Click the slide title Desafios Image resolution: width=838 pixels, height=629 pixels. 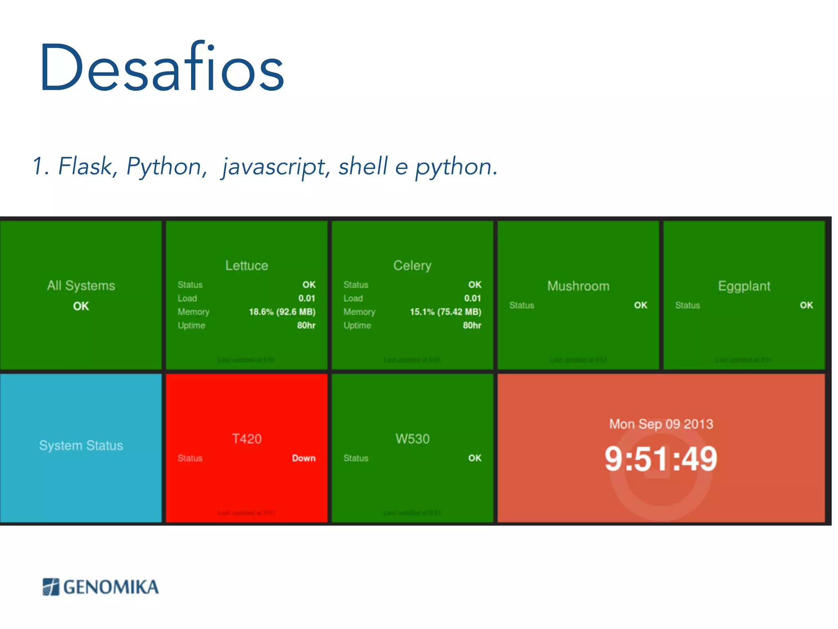[x=162, y=68]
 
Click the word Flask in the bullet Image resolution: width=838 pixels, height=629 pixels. [x=85, y=166]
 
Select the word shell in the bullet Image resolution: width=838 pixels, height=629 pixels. [x=363, y=166]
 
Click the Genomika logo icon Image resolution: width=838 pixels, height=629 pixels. [x=51, y=587]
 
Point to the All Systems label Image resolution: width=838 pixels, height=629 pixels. [x=81, y=285]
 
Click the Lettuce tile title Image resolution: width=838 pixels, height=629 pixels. [x=247, y=265]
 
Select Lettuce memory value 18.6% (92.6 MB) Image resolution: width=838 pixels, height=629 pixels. [x=282, y=312]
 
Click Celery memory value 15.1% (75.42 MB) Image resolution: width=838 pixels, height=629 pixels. [x=445, y=312]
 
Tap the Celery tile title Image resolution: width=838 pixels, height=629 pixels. [x=412, y=265]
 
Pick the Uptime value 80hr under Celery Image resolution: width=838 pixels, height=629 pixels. [x=472, y=326]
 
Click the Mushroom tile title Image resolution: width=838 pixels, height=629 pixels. [x=578, y=286]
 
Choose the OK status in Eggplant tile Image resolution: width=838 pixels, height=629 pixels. [x=806, y=305]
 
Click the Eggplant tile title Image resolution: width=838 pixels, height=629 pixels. [x=744, y=286]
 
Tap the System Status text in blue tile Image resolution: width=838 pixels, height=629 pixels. [x=81, y=446]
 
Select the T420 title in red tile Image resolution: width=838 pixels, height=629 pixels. [x=247, y=439]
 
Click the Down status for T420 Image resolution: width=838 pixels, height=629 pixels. [x=304, y=458]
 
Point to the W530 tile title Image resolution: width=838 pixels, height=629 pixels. [x=412, y=439]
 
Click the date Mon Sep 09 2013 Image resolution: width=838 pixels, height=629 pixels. [x=661, y=424]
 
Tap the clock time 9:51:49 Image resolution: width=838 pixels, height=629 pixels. [x=661, y=459]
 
